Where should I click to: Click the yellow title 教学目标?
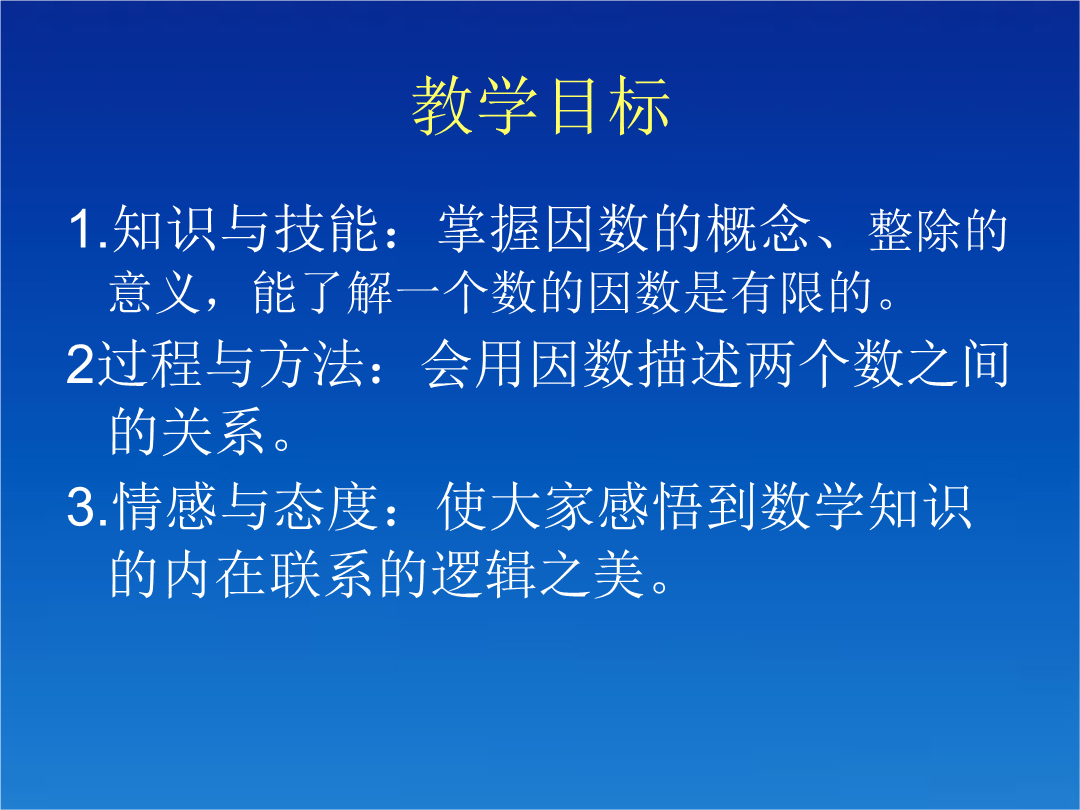click(541, 105)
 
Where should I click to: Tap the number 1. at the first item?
click(89, 229)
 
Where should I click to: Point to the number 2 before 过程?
click(80, 364)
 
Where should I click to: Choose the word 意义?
click(156, 293)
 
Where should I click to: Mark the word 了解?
click(323, 293)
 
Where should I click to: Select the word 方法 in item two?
click(311, 364)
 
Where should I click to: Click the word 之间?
click(958, 364)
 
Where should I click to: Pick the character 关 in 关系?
click(188, 431)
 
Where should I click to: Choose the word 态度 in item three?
click(326, 506)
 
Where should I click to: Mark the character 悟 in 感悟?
click(677, 506)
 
